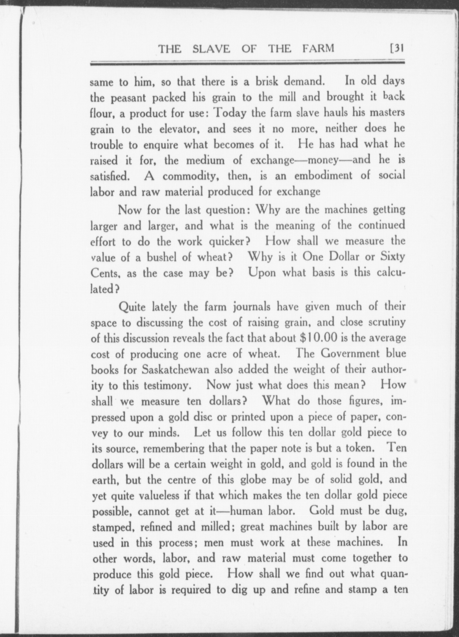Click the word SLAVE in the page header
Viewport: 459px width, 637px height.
click(x=211, y=48)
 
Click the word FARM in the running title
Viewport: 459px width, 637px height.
click(x=317, y=48)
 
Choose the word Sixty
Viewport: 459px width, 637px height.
click(x=392, y=256)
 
